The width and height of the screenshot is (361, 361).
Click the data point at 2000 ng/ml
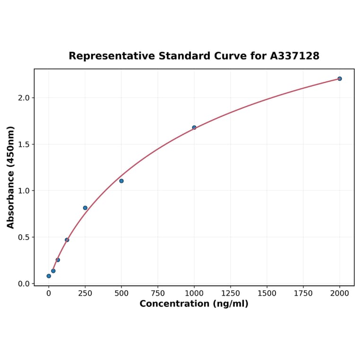(x=339, y=78)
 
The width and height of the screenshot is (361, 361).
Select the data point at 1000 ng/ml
(x=194, y=128)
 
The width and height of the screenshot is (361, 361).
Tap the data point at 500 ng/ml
(x=121, y=181)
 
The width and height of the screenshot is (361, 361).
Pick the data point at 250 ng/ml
(x=85, y=208)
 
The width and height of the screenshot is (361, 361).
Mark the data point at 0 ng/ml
(x=49, y=276)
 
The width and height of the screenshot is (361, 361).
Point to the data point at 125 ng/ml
(x=67, y=240)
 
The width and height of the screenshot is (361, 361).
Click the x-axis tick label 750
(x=158, y=293)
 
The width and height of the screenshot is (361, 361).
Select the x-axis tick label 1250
(x=231, y=293)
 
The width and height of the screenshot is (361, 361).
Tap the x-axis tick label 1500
(x=267, y=293)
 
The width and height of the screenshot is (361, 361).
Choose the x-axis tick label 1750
(x=303, y=293)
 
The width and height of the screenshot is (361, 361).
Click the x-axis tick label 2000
(x=339, y=293)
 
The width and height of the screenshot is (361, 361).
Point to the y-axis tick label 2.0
(x=24, y=98)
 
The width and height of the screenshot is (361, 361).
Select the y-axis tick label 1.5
(x=24, y=144)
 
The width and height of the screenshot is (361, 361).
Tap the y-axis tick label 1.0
(x=24, y=191)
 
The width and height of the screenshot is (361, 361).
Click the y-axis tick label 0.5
(x=24, y=237)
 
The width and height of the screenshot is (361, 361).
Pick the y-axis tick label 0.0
(x=24, y=284)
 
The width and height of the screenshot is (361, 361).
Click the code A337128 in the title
(x=294, y=56)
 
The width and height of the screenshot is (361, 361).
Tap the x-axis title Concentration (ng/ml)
(x=194, y=304)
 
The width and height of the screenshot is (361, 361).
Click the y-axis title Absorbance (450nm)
(x=11, y=177)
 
